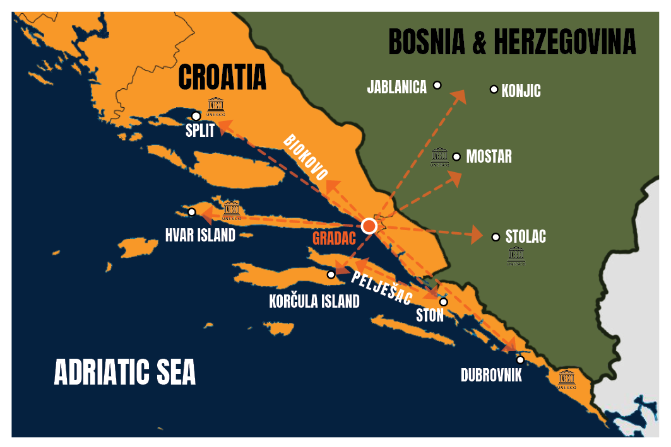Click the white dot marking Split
[x=196, y=116]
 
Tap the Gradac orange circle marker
[x=369, y=226]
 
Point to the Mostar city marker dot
[x=457, y=156]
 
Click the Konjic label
[x=521, y=91]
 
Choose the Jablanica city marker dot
[x=437, y=85]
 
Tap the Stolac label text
[x=525, y=237]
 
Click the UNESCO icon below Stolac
[x=516, y=256]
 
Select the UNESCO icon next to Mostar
[x=440, y=157]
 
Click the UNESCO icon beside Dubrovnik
[x=567, y=380]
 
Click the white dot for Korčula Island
[x=331, y=274]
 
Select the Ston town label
[x=430, y=315]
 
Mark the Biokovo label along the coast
[x=306, y=157]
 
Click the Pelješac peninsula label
[x=382, y=288]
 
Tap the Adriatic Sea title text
[x=125, y=372]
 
